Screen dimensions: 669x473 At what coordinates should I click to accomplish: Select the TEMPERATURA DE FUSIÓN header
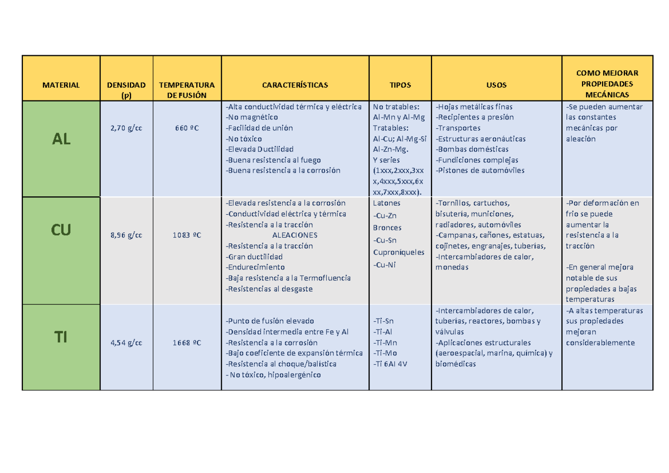click(x=187, y=90)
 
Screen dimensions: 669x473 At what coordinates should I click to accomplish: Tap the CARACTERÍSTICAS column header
click(x=295, y=85)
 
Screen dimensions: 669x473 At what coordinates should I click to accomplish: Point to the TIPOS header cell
click(x=400, y=85)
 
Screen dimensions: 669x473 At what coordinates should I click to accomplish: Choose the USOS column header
click(x=496, y=85)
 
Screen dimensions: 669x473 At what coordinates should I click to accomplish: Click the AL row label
click(x=61, y=139)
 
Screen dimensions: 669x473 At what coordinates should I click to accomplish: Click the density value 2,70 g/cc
click(x=126, y=128)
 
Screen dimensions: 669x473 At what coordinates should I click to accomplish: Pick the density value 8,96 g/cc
click(x=126, y=235)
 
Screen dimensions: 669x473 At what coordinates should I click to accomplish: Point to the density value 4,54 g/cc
click(x=126, y=342)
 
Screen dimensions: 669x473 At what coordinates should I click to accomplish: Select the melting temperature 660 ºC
click(x=187, y=128)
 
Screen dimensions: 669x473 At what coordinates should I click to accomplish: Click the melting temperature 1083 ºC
click(x=187, y=235)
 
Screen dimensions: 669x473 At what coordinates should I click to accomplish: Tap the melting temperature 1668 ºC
click(x=187, y=342)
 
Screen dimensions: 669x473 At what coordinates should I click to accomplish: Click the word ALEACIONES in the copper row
click(x=294, y=235)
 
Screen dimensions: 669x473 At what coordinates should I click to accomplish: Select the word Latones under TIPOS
click(x=386, y=204)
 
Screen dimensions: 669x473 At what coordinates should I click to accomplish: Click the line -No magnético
click(x=251, y=117)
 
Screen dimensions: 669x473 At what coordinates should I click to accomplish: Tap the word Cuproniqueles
click(x=399, y=252)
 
